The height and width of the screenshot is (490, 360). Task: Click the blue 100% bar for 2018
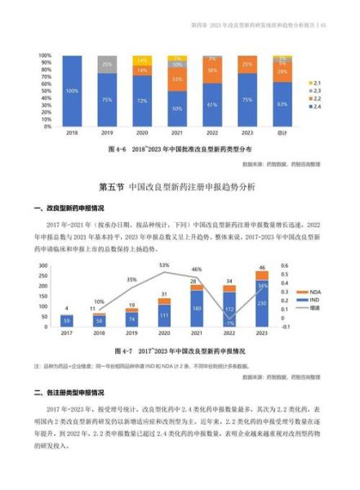tap(72, 91)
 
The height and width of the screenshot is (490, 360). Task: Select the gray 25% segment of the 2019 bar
tap(107, 64)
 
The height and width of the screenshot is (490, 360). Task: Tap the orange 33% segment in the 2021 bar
tap(177, 79)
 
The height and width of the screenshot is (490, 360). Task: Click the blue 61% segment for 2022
tap(212, 105)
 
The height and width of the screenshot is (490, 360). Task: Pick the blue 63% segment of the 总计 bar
tap(282, 105)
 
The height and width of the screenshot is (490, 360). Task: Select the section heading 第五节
tap(180, 187)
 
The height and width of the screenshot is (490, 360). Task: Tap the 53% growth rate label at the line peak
tap(164, 265)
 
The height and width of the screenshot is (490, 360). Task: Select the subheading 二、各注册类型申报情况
tap(79, 392)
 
